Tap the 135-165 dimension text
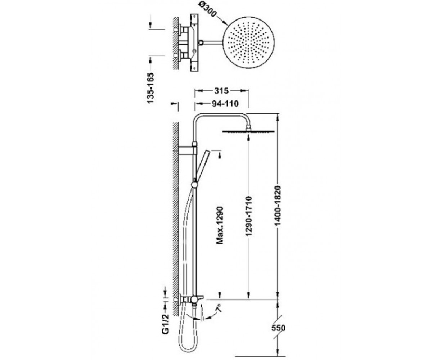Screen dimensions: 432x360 coord(150,87)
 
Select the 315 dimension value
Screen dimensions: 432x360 coord(221,91)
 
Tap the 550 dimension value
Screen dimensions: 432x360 coord(278,328)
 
